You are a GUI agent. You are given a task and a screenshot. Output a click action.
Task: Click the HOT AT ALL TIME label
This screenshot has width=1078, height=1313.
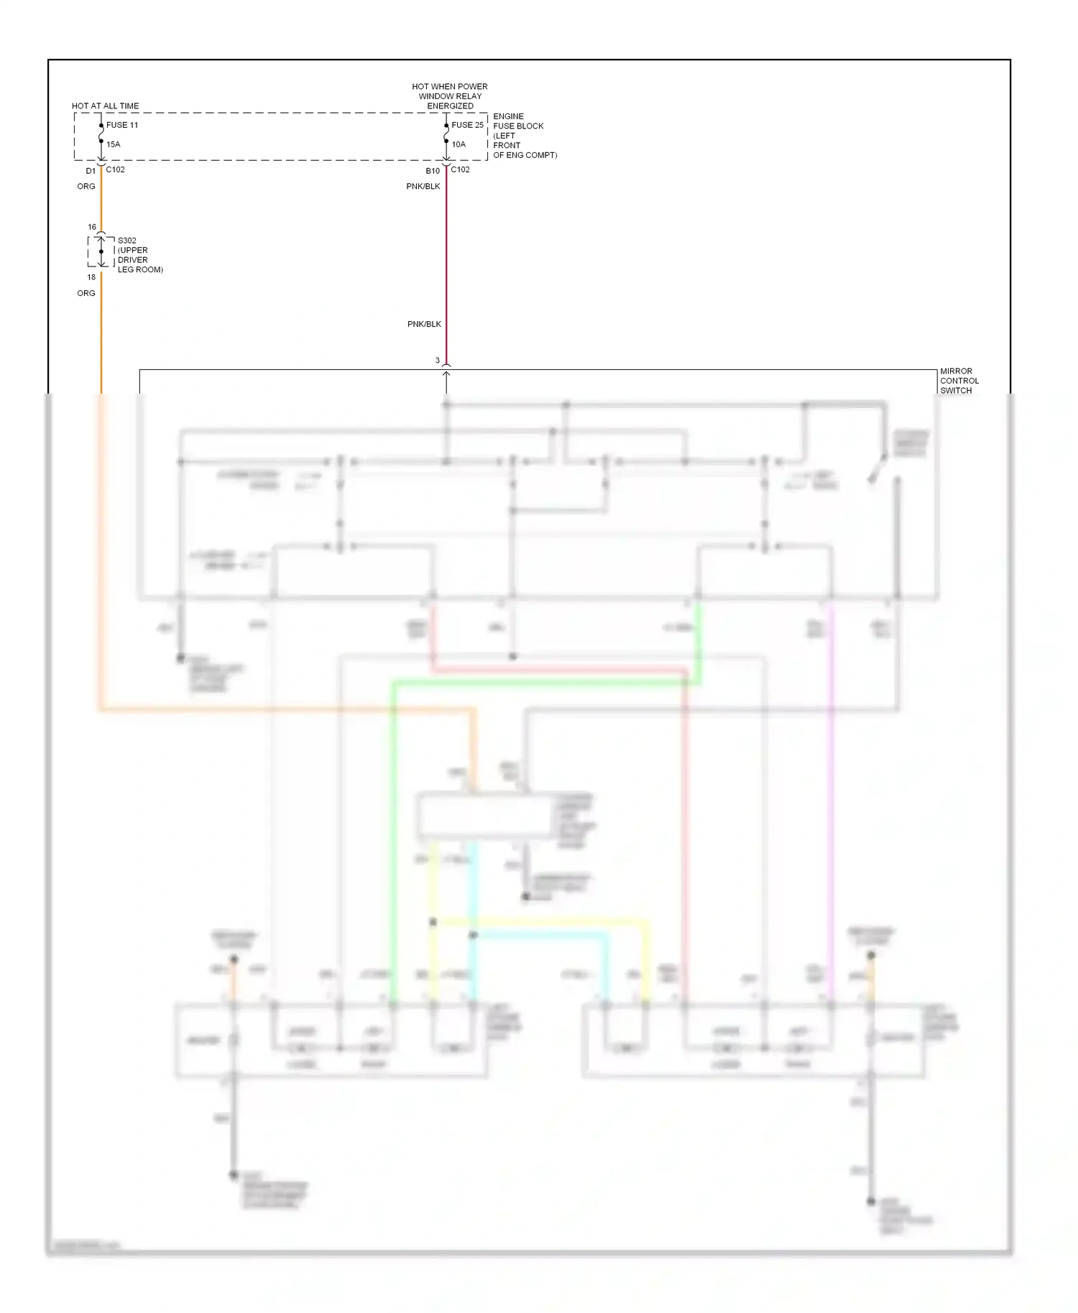coord(105,106)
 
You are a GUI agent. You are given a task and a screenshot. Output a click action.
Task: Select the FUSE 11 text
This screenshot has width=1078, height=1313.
coord(122,125)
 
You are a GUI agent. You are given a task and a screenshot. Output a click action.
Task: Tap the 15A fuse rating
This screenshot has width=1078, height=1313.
coord(114,144)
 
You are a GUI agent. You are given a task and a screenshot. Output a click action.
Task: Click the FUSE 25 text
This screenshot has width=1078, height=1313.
coord(467,125)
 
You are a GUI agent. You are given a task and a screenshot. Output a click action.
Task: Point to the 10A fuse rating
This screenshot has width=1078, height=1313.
coord(459,144)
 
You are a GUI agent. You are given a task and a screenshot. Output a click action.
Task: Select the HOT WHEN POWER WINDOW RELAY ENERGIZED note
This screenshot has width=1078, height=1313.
coord(450,96)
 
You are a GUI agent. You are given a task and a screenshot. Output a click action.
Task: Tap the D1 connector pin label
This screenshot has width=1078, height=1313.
coord(91,171)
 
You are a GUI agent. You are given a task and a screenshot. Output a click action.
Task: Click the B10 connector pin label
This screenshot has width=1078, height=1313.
coord(433,171)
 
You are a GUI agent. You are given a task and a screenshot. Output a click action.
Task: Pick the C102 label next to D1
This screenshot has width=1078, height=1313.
coord(115,170)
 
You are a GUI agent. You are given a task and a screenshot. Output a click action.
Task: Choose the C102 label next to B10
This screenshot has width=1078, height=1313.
coord(460,170)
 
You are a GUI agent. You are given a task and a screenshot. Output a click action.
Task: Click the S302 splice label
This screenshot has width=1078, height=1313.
coord(139,255)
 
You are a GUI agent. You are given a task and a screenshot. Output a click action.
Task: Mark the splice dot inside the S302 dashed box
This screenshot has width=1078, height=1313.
coord(101,251)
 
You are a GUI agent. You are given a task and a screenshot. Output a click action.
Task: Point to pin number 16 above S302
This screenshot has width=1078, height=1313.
coord(92,227)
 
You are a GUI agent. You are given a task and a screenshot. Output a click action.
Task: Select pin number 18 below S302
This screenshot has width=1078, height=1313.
coord(91,277)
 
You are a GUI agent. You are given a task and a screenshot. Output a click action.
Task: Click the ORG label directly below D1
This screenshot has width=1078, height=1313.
coord(86,186)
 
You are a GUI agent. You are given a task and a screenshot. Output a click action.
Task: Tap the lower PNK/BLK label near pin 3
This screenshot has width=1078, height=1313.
coord(424,324)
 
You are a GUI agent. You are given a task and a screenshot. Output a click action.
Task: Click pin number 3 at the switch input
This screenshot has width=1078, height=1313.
coord(438,361)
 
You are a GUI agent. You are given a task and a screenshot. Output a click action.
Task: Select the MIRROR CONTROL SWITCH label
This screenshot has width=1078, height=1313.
coord(959,381)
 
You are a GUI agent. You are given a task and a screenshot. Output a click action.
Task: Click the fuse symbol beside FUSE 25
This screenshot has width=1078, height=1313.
coord(446,134)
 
